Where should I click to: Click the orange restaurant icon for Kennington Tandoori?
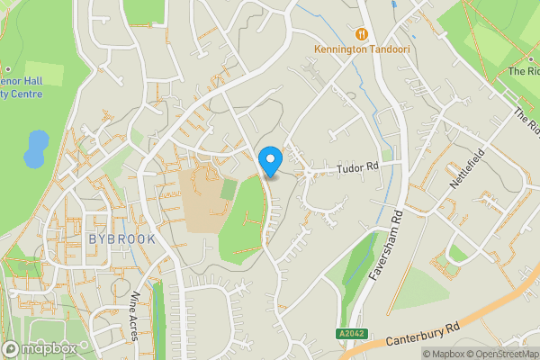coord(363,32)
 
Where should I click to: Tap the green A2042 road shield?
coord(353,334)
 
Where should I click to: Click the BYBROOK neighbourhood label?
coord(122,239)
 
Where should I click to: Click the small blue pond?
coord(35,149)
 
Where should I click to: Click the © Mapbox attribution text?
coord(442,354)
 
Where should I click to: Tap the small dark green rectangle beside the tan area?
coord(229,189)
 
